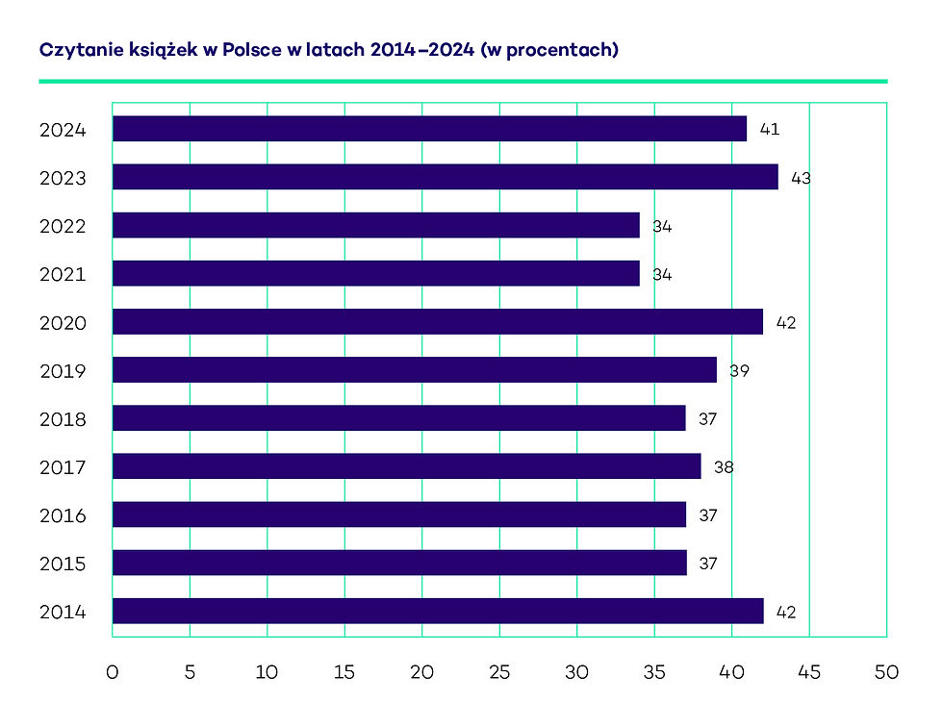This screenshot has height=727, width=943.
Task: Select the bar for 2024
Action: pos(429,129)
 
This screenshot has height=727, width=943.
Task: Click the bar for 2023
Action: pos(445,177)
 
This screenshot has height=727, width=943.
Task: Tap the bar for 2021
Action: pos(375,273)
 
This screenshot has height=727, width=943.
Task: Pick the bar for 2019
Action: pos(414,370)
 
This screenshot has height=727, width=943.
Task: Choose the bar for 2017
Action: pos(406,466)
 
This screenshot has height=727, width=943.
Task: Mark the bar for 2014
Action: pos(438,611)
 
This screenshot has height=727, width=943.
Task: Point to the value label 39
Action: pos(739,370)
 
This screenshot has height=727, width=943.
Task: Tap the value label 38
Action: pos(724,466)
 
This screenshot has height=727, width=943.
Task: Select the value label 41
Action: pos(769,129)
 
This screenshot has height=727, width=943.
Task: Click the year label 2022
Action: pos(63,227)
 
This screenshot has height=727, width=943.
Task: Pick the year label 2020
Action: pos(63,323)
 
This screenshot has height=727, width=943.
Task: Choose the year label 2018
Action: pos(63,419)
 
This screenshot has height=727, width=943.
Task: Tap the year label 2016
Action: pos(63,515)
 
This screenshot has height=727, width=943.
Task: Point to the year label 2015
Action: pos(63,564)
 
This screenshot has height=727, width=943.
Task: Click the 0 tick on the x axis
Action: pos(113,672)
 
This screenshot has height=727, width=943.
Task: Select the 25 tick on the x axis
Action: pos(499,672)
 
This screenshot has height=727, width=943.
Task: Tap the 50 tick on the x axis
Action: pos(886,672)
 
